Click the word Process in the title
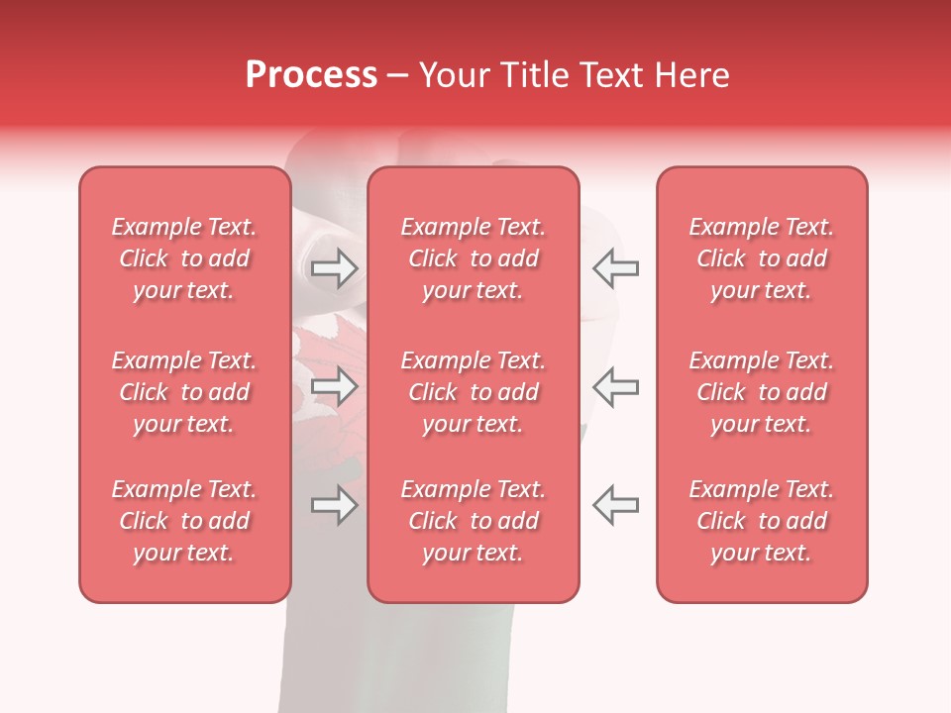click(x=311, y=75)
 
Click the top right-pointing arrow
click(x=334, y=267)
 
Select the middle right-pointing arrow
click(x=334, y=385)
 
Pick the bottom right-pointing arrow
click(x=334, y=505)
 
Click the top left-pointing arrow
click(x=615, y=267)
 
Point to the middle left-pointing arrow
click(x=615, y=385)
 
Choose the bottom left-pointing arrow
click(x=615, y=505)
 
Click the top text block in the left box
click(x=184, y=258)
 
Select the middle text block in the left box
click(x=184, y=392)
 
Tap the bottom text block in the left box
click(x=184, y=521)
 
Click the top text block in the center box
click(x=473, y=258)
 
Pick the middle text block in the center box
click(x=473, y=392)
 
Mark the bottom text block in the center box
click(x=473, y=521)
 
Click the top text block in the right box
click(x=762, y=258)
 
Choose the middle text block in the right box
click(x=762, y=392)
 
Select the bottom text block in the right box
click(x=762, y=521)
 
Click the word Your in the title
click(x=453, y=75)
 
